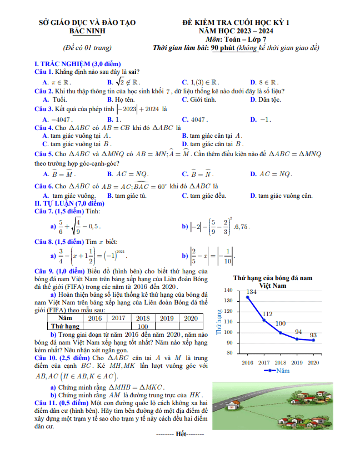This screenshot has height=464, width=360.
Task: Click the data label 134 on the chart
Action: click(x=252, y=292)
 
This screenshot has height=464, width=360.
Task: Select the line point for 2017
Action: click(x=264, y=321)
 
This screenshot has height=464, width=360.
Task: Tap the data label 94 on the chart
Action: click(x=298, y=332)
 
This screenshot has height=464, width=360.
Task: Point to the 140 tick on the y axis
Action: click(x=228, y=290)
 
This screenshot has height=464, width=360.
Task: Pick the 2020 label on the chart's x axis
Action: click(x=313, y=362)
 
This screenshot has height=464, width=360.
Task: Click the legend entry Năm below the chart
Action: click(x=283, y=370)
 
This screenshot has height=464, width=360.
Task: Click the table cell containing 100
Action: click(x=143, y=327)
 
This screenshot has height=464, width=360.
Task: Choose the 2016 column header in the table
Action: click(x=95, y=318)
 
